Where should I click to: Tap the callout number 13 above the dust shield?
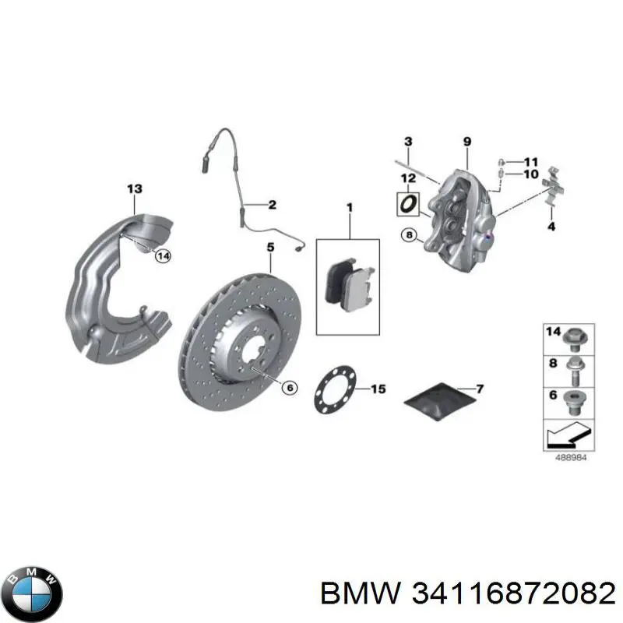point(134,188)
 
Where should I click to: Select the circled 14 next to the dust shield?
point(164,256)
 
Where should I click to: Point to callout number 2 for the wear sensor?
point(272,205)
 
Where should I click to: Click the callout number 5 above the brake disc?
point(270,247)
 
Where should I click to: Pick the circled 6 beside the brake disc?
point(290,388)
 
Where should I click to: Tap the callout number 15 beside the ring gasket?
point(378,389)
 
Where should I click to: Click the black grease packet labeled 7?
point(440,402)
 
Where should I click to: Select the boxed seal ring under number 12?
point(407,204)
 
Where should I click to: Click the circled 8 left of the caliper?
point(410,235)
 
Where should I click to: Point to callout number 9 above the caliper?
point(467,142)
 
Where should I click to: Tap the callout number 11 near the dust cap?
point(531,162)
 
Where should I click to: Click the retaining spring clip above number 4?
point(554,186)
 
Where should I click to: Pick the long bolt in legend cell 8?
point(575,371)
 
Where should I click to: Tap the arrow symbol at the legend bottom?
point(569,435)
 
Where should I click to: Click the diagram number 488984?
point(571,458)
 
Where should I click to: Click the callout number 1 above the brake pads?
point(350,207)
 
